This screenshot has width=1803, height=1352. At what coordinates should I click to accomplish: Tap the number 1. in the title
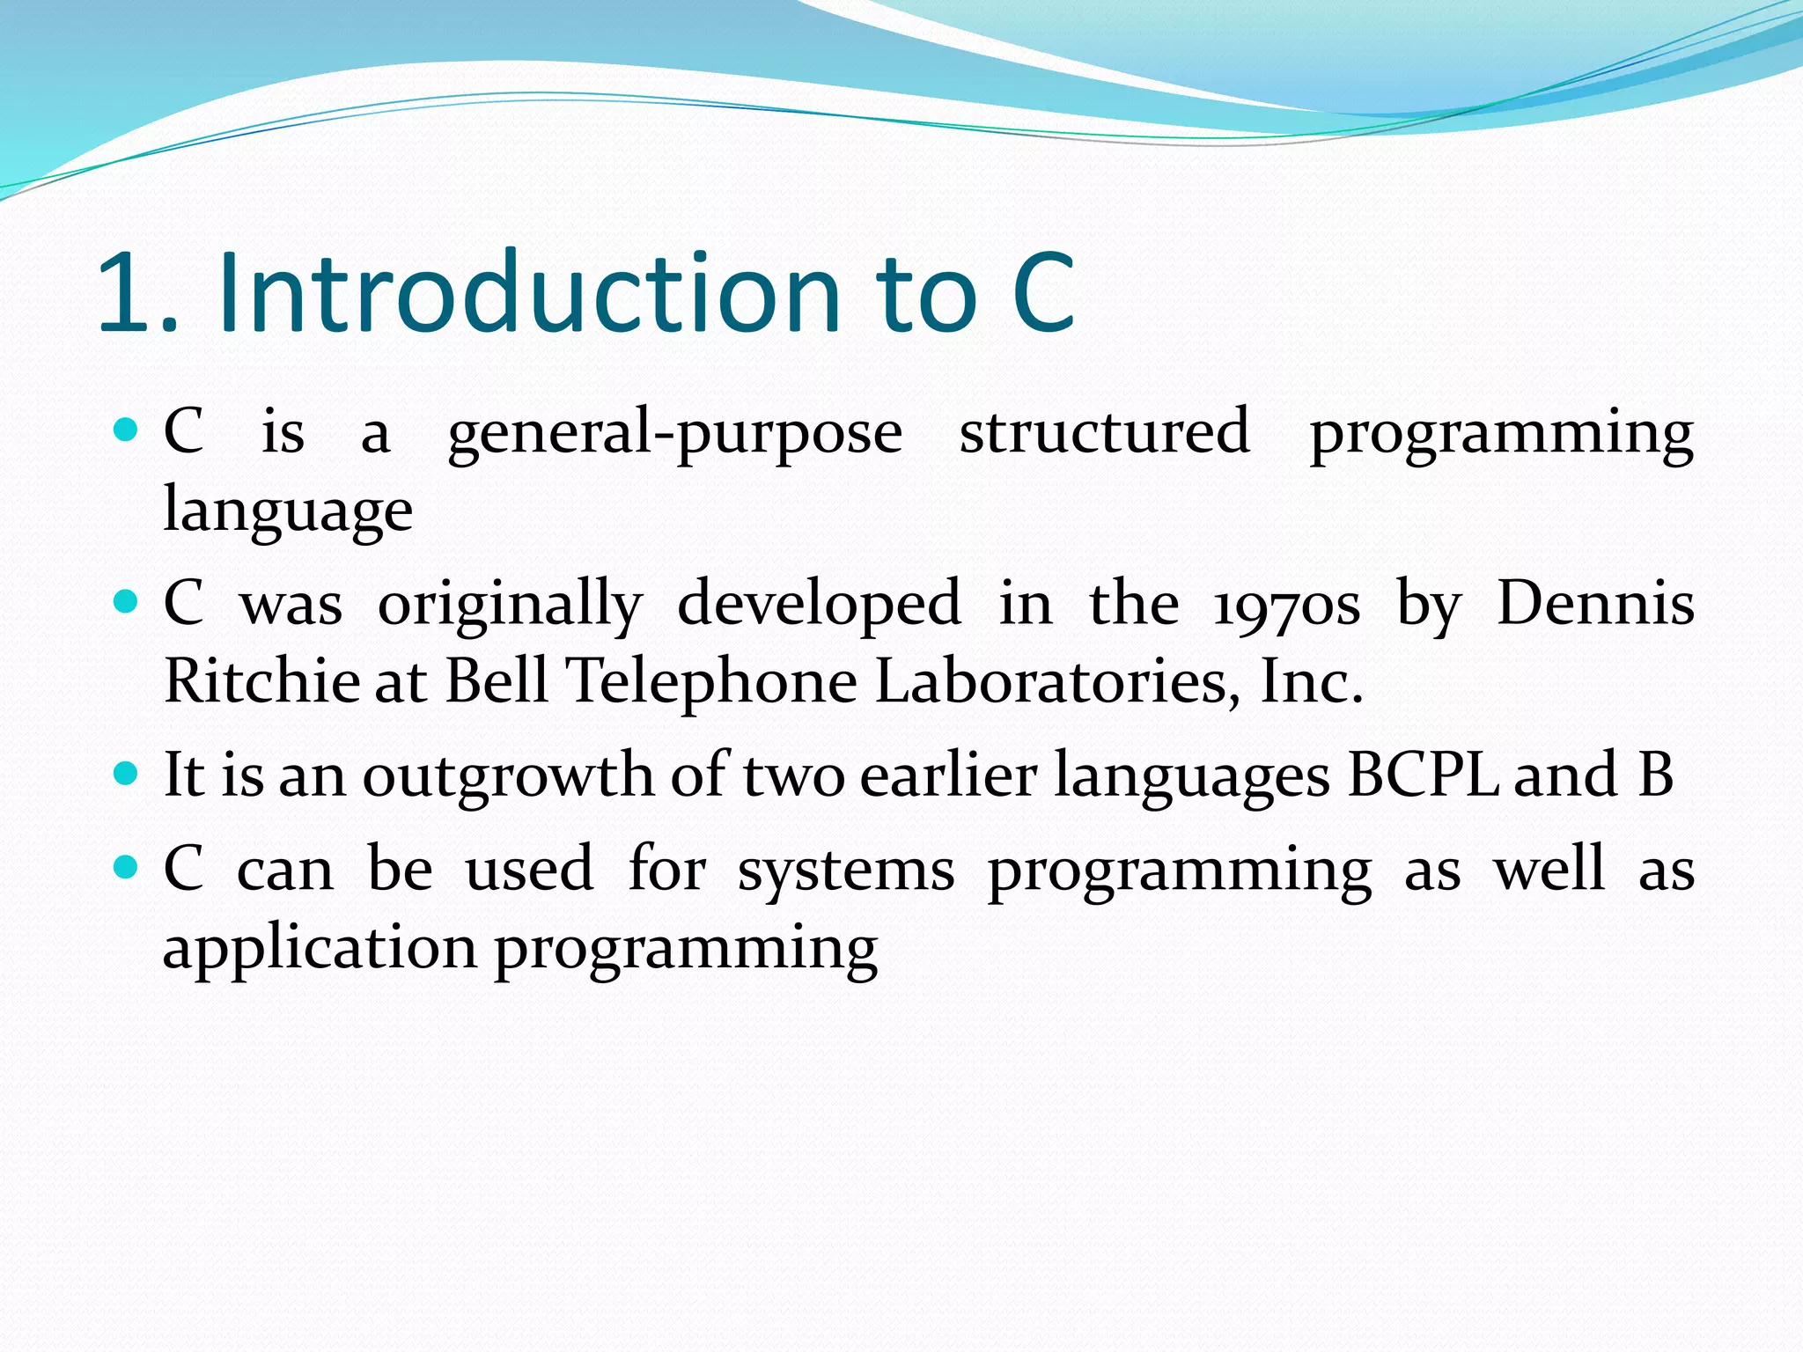tap(136, 295)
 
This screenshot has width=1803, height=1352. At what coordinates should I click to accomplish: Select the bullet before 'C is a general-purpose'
tap(127, 430)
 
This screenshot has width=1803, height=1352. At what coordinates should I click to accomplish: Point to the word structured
tap(1104, 431)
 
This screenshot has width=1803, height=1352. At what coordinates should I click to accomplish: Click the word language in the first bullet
tap(288, 511)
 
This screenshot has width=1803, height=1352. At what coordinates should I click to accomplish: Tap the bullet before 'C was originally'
tap(127, 602)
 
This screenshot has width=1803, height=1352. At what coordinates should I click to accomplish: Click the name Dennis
tap(1594, 604)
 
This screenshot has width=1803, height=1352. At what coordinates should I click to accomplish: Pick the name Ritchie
tap(261, 681)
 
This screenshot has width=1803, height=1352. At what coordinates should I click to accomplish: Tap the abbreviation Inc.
tap(1311, 681)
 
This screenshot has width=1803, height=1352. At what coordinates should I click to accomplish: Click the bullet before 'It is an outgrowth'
tap(127, 774)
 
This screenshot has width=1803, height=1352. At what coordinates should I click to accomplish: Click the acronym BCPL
tap(1423, 775)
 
